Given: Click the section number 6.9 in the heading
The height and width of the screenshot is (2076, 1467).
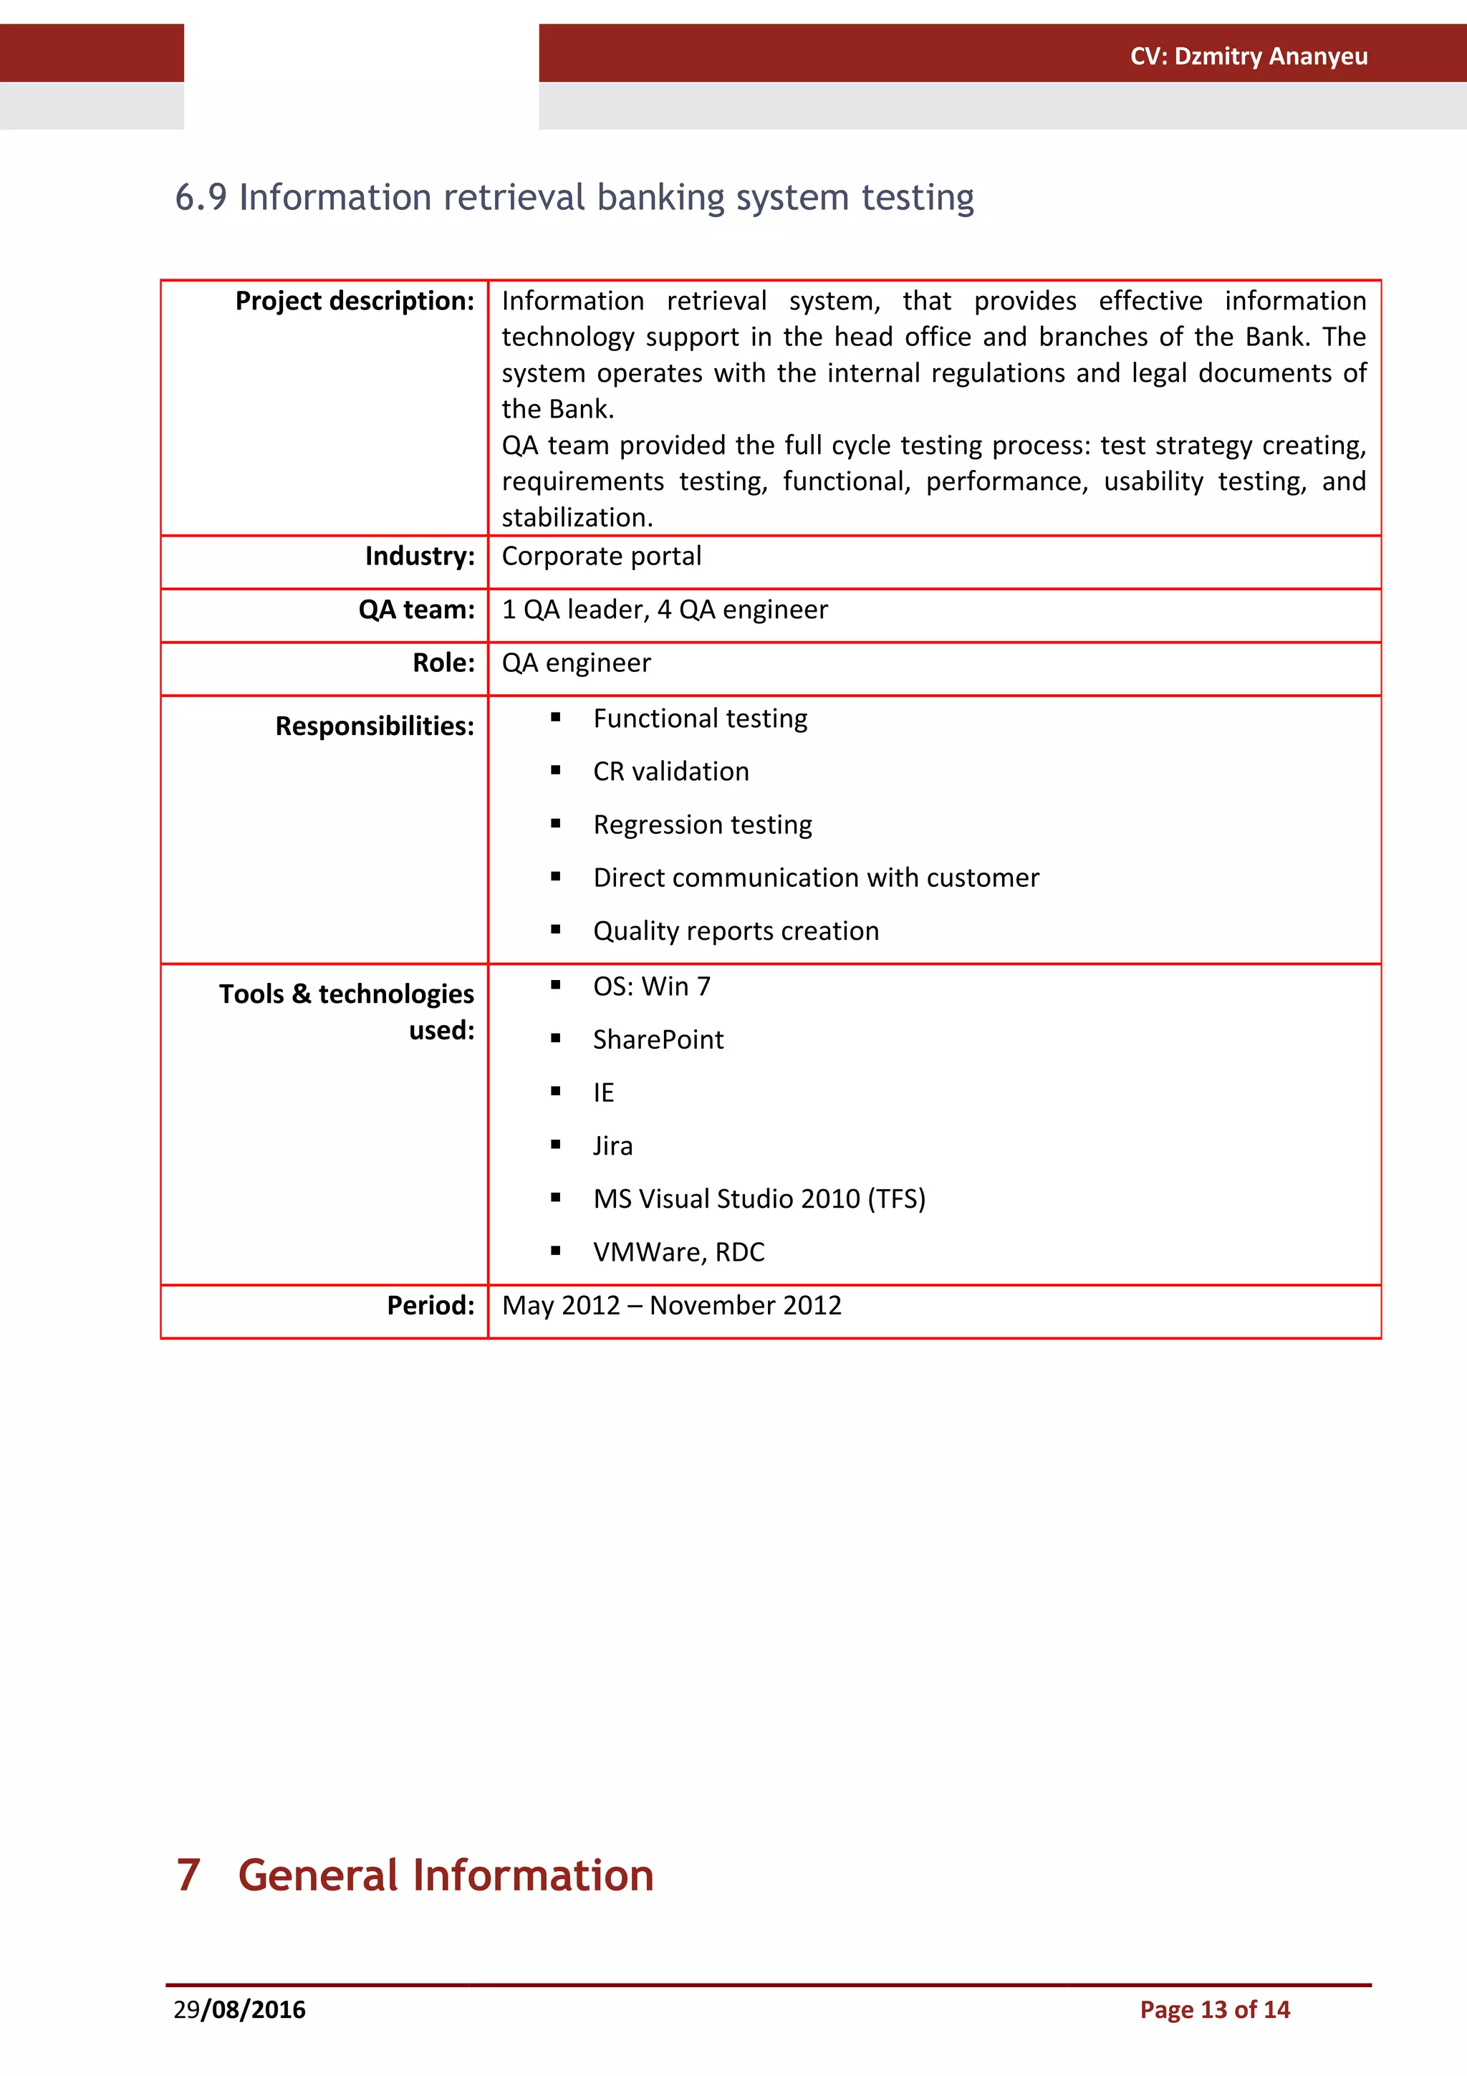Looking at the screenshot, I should tap(201, 198).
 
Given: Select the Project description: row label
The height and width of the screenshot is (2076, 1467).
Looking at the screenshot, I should tap(355, 301).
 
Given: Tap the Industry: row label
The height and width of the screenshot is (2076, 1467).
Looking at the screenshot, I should tap(420, 556).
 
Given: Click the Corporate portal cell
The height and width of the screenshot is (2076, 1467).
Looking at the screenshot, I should tap(601, 556).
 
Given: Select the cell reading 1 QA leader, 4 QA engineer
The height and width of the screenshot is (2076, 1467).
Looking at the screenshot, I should tap(664, 610).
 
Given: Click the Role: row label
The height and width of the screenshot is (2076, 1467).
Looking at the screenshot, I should tap(443, 663).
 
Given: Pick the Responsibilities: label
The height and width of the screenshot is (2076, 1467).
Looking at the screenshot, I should tap(374, 726).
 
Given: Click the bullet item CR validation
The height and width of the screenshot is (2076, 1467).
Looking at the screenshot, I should tap(670, 772).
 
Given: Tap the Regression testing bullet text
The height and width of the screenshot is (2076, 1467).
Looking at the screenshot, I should tap(702, 825).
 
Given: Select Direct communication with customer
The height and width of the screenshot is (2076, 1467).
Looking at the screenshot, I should tap(816, 878).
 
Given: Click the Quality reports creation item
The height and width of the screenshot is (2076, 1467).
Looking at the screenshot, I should tap(736, 931).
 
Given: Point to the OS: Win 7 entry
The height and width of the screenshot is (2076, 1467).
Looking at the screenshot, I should tap(652, 986).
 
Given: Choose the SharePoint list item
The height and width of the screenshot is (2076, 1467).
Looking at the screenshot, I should tap(658, 1040).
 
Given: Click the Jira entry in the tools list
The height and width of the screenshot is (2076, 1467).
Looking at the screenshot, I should tap(613, 1146).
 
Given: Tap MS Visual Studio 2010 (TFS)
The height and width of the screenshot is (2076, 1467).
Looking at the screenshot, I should tap(759, 1199).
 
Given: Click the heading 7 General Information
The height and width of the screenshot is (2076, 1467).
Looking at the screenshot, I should tap(415, 1875).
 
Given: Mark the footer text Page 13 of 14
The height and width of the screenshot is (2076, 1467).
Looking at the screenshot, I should tap(1214, 2010).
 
